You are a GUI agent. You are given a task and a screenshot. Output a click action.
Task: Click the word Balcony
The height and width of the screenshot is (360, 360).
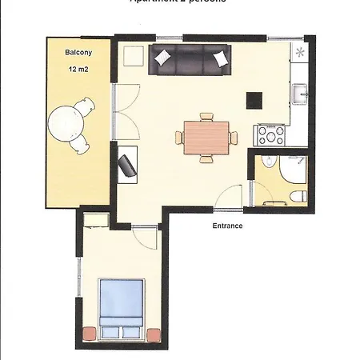click(x=77, y=54)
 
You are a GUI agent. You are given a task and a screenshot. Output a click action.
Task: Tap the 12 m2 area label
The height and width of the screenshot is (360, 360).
click(x=77, y=70)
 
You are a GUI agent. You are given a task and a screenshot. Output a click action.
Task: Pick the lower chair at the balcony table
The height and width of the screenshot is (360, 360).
click(x=80, y=144)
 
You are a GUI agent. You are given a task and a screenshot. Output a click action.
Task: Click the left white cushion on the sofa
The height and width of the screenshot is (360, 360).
click(x=162, y=57)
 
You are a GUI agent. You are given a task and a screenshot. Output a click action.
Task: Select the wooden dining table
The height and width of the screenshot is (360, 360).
click(x=206, y=136)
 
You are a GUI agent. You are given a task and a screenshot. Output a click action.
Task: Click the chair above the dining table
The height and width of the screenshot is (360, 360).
click(x=206, y=118)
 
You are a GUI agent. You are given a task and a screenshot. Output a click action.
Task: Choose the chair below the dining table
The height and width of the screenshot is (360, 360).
click(x=206, y=158)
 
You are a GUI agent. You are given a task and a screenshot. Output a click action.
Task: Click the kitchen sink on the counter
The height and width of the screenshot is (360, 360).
click(x=302, y=95)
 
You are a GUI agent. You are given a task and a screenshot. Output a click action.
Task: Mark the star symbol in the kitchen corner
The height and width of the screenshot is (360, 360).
click(x=301, y=53)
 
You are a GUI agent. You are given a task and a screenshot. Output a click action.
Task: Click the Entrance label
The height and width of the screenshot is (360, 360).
click(x=227, y=226)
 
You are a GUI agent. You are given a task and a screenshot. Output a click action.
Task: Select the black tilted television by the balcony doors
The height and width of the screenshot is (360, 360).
click(x=127, y=166)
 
